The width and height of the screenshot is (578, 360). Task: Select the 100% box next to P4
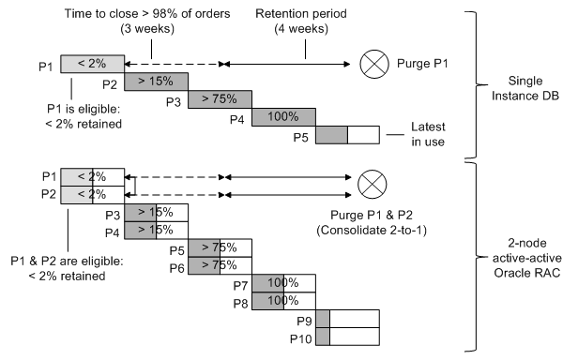tap(283, 118)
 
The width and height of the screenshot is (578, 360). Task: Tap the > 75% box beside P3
tap(220, 99)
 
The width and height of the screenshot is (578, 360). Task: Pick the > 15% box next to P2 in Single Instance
tap(156, 82)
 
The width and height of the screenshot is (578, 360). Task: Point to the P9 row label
tap(301, 319)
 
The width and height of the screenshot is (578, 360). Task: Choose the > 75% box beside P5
tap(220, 247)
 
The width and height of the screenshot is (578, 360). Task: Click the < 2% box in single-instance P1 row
tap(92, 64)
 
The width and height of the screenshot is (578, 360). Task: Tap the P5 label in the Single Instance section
tap(300, 137)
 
